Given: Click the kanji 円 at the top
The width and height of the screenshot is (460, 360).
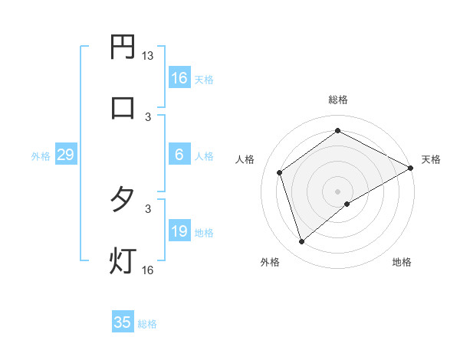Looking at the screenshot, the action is coord(123,47).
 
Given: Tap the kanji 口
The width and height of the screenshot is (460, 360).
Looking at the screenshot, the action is coord(123,107).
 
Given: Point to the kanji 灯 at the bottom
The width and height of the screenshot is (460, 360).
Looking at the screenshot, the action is coord(123,260).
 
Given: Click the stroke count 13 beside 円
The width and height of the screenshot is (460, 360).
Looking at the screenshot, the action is coord(148,56).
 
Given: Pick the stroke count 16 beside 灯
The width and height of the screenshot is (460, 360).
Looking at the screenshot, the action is coord(148,270).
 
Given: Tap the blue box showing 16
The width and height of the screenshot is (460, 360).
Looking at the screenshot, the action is coord(179,78).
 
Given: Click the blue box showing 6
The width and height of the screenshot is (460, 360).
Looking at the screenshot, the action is coord(179,155).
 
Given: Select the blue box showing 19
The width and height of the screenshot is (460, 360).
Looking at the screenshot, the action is coord(179,231).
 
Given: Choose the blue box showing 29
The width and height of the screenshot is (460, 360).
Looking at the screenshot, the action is coord(65,155).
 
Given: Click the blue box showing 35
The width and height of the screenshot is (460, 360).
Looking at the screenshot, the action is coord(123,322).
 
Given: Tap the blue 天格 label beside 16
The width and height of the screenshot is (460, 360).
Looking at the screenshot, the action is coord(204,79).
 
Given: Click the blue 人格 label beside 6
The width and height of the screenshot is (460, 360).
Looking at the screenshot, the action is coord(204,155).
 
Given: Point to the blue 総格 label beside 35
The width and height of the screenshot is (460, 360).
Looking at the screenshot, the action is coord(147,323).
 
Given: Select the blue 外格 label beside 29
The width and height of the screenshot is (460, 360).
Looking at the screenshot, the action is coord(41,156).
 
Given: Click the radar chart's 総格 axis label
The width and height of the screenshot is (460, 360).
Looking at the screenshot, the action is coord(338,100).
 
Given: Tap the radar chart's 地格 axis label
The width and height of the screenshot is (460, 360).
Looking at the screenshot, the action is coord(402,263).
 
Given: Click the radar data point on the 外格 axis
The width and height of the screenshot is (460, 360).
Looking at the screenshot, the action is coord(302,242).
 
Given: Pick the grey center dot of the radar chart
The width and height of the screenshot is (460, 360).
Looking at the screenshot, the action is coord(338,191).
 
